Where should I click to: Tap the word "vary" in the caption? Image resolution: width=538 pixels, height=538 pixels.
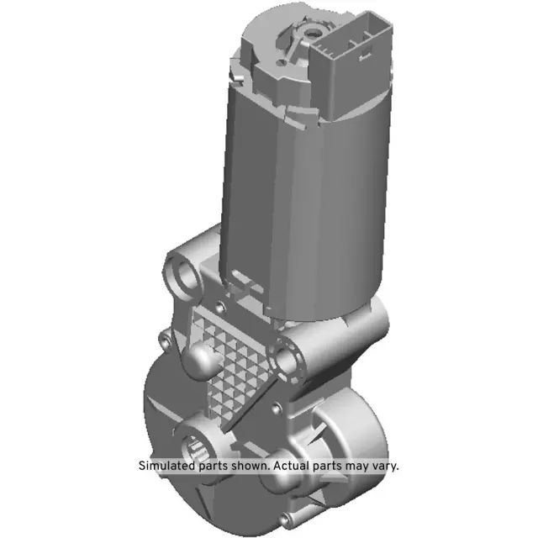click(383, 465)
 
